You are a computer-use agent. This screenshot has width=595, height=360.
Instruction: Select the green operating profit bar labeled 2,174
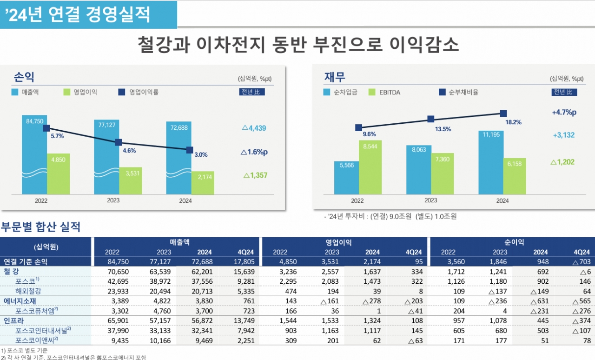pos(203,183)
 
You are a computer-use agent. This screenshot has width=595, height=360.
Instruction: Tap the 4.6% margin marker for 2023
pos(119,142)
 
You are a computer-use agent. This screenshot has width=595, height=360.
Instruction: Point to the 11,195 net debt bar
pos(491,163)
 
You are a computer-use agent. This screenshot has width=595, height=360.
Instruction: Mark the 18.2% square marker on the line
pos(503,113)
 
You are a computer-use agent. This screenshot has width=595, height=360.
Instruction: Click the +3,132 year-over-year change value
pos(563,135)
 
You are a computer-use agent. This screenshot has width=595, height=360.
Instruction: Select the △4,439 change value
pos(254,128)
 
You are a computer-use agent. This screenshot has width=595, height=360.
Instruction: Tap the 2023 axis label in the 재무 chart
pos(430,200)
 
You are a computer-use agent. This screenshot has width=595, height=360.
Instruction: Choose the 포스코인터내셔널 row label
pos(43,330)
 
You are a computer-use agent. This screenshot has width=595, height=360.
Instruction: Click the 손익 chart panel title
pos(24,77)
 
